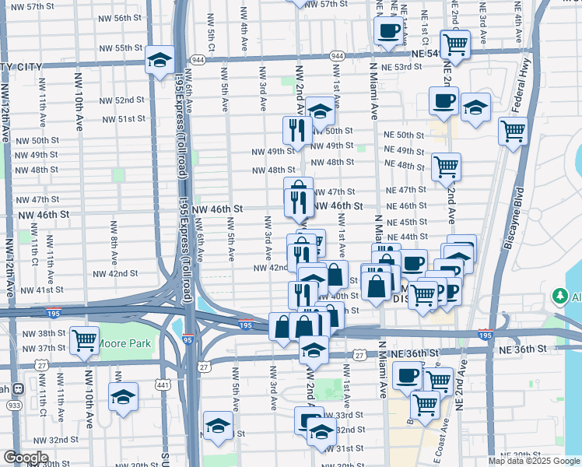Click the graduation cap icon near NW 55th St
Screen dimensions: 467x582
point(160,59)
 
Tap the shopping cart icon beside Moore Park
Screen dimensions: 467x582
point(84,339)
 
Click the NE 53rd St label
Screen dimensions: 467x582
point(402,67)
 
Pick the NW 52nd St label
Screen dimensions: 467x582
point(125,100)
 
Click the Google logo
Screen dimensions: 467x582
point(26,458)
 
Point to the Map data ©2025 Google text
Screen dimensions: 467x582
point(535,461)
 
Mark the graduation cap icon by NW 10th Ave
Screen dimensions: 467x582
point(123,397)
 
